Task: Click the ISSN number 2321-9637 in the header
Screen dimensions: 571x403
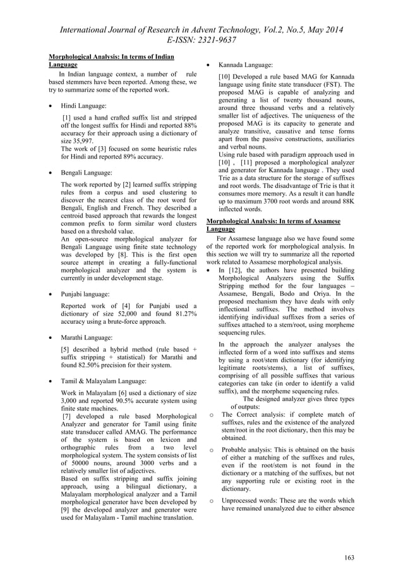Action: point(214,40)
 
